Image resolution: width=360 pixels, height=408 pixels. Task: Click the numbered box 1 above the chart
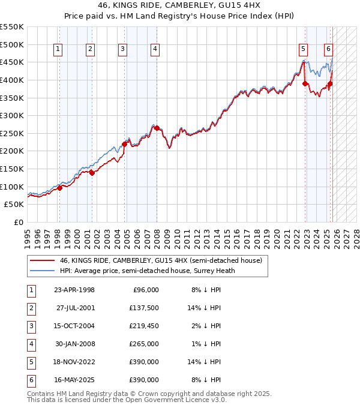point(58,49)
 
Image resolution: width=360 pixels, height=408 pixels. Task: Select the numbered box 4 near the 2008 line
point(155,49)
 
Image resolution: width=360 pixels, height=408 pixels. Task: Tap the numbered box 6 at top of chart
point(329,49)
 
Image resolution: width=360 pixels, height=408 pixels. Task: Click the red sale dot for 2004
point(125,144)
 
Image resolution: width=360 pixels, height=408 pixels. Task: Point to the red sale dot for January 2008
point(157,128)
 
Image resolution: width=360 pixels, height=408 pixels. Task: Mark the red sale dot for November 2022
point(305,83)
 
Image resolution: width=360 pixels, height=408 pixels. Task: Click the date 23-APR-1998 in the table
point(74,290)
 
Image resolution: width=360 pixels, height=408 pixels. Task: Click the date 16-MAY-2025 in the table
point(74,380)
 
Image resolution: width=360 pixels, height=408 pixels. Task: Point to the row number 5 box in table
point(31,362)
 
